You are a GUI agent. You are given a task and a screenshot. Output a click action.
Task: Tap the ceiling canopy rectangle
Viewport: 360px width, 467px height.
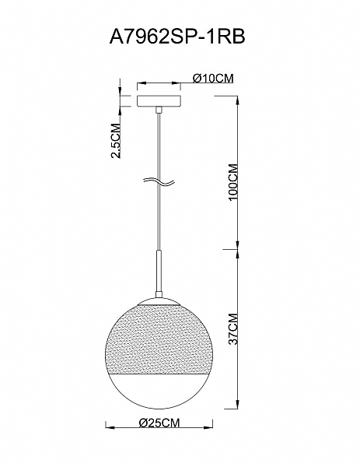[159, 101]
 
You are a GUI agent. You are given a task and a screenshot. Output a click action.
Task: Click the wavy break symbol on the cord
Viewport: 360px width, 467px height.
[159, 181]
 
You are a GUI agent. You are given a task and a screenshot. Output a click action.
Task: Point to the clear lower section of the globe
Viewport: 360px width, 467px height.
[159, 393]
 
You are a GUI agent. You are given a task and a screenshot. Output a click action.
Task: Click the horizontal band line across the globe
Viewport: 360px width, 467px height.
[159, 374]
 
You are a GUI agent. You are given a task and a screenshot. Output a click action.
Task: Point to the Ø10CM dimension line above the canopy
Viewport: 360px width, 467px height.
[159, 83]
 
